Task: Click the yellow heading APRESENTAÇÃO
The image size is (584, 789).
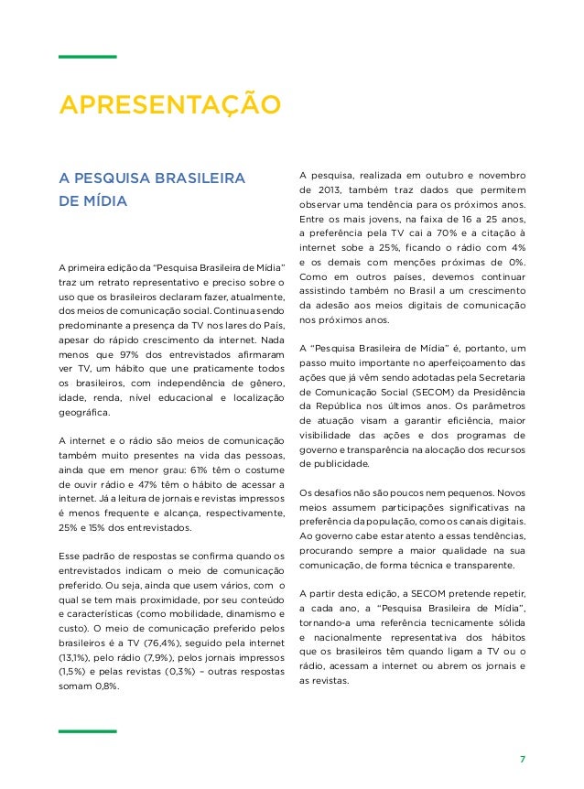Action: [x=169, y=103]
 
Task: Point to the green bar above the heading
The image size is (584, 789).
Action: [x=88, y=57]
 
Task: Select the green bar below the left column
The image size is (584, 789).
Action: [x=88, y=731]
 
